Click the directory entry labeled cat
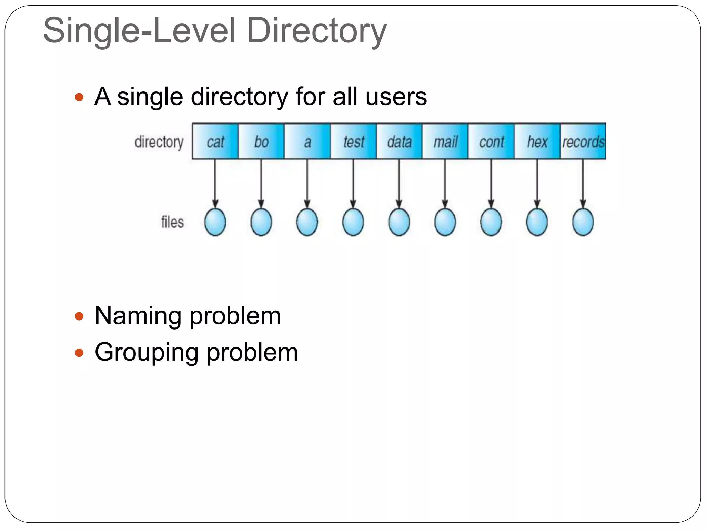[215, 141]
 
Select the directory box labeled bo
[261, 141]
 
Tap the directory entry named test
[353, 141]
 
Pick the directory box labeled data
[399, 141]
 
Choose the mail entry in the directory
[445, 141]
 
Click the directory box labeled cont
[491, 141]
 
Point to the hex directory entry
[537, 141]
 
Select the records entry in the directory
[583, 141]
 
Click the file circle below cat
[215, 222]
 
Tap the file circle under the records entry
[583, 222]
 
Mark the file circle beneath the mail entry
[445, 222]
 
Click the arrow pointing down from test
[353, 183]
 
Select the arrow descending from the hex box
[537, 183]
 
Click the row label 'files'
[172, 222]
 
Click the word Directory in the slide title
[317, 31]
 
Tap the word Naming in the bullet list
[138, 316]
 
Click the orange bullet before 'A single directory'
[79, 97]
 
